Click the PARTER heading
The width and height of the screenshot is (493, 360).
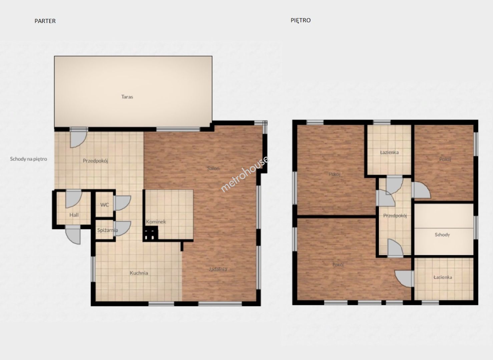[45, 21]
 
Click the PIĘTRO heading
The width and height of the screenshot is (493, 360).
[301, 20]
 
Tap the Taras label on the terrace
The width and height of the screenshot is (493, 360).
[127, 97]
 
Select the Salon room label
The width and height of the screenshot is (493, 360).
[213, 168]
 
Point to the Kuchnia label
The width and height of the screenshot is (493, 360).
[139, 273]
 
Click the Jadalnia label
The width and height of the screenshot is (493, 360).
[218, 269]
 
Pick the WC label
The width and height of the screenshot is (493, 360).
[104, 205]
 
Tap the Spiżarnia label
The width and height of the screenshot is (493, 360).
[108, 230]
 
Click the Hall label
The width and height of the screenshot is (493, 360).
[74, 215]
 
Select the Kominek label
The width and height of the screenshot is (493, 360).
[156, 222]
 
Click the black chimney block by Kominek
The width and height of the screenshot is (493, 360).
[150, 234]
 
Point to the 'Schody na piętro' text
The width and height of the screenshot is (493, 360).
[28, 159]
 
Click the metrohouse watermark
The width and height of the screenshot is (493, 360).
[244, 174]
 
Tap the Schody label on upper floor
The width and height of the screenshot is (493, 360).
[442, 235]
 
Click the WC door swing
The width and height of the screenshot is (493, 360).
[123, 203]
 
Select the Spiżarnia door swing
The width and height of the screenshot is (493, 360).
[123, 228]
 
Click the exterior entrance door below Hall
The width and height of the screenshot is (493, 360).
[73, 236]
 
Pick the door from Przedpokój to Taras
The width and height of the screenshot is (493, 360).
[79, 139]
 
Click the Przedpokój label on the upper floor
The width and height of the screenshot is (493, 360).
[395, 216]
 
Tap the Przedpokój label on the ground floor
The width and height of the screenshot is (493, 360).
[95, 161]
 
